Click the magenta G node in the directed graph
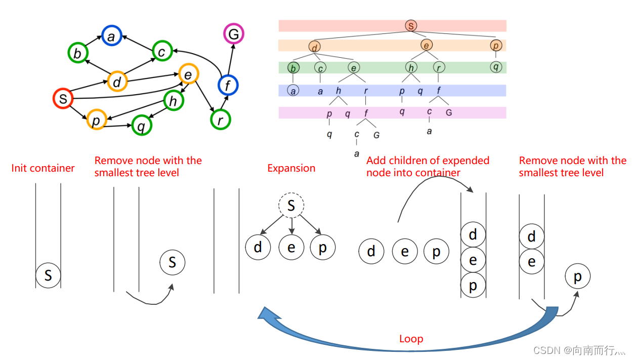(234, 34)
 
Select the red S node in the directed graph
(63, 99)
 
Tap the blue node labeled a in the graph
(112, 36)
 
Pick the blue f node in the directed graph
(228, 86)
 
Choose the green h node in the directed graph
(173, 101)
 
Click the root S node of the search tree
(411, 26)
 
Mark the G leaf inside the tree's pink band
(448, 112)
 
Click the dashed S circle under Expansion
(291, 206)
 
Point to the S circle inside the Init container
(48, 275)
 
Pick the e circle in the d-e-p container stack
(473, 260)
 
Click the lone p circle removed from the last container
(577, 276)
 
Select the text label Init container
(43, 168)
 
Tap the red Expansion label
(291, 168)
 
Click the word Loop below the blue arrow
(411, 339)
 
